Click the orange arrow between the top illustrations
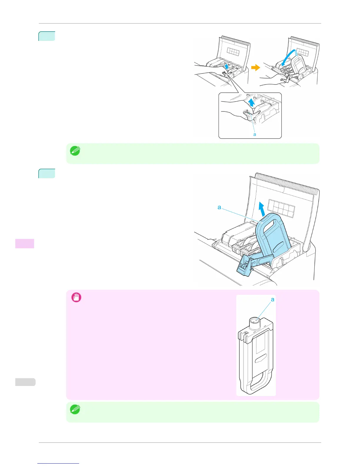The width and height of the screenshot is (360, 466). tap(256, 68)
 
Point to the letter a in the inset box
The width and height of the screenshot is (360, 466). tap(255, 134)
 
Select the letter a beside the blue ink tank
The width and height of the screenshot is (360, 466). tap(219, 207)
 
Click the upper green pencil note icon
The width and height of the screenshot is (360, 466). tap(75, 151)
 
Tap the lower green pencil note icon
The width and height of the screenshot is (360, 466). tap(75, 410)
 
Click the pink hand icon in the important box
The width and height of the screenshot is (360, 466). tap(76, 297)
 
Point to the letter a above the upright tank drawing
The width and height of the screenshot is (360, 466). tap(273, 299)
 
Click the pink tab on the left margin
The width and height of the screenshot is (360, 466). tap(25, 243)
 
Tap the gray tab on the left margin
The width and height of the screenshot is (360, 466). tap(25, 382)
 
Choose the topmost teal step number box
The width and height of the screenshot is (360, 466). tap(47, 36)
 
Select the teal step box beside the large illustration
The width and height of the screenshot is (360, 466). tap(47, 173)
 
